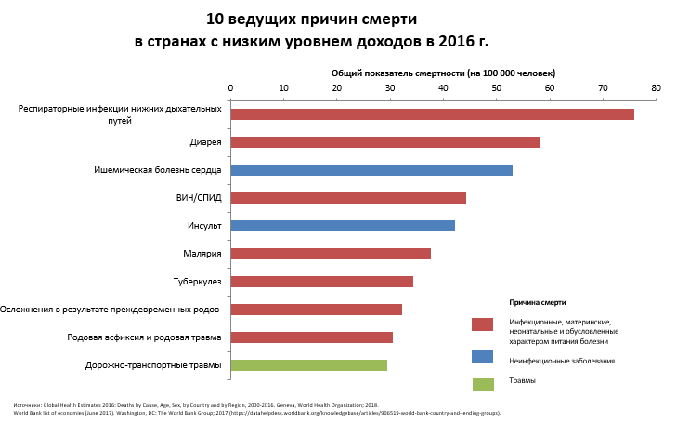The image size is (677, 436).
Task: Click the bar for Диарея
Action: tap(384, 142)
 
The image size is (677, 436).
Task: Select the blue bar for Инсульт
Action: tap(342, 226)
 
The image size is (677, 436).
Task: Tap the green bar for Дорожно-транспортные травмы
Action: tap(308, 365)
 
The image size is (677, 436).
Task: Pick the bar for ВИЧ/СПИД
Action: tap(347, 198)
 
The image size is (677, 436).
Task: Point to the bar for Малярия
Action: tap(330, 254)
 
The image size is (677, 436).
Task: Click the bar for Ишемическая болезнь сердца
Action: tap(371, 170)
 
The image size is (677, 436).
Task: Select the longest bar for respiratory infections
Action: tap(432, 114)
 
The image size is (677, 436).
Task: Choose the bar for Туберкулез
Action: tap(321, 282)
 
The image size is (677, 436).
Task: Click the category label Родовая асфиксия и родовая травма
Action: tap(144, 337)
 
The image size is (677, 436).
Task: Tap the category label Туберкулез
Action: tap(197, 281)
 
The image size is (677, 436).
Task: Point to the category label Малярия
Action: tap(202, 253)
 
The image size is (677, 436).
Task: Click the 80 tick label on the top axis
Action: tap(656, 88)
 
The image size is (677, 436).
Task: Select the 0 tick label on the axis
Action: tap(230, 88)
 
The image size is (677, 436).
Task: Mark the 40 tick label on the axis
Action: tap(443, 88)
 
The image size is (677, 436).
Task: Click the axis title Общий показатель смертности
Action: tap(443, 73)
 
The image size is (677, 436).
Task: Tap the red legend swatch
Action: tap(482, 324)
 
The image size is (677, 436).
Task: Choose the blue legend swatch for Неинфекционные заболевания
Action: tap(482, 357)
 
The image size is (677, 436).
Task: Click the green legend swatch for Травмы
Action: tap(482, 384)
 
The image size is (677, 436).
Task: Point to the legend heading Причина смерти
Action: tap(538, 302)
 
